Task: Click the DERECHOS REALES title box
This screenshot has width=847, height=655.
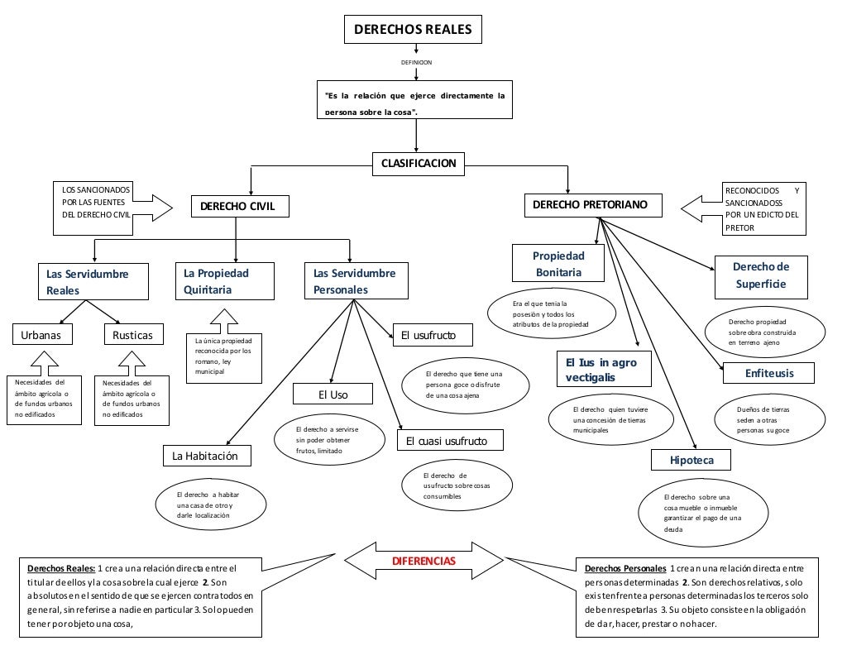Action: pos(413,30)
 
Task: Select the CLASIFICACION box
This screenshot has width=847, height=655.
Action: pos(418,163)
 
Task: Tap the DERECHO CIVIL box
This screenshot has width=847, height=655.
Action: pos(240,205)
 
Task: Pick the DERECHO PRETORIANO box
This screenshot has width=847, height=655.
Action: pos(594,204)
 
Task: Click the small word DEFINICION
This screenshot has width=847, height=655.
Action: pos(416,62)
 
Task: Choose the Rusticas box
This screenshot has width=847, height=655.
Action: pos(132,335)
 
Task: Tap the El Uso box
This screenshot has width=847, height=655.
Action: pos(333,394)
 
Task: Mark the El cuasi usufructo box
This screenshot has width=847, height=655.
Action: pos(451,441)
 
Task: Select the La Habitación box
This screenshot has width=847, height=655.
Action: pos(205,456)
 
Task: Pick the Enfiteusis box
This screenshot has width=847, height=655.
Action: pos(768,373)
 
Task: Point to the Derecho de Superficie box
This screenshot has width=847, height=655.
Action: pos(760,275)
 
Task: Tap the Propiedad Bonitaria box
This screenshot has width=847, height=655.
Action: pos(557,264)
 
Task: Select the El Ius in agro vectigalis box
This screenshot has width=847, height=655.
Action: pos(602,370)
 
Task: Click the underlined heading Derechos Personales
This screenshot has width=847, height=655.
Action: pos(624,569)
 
